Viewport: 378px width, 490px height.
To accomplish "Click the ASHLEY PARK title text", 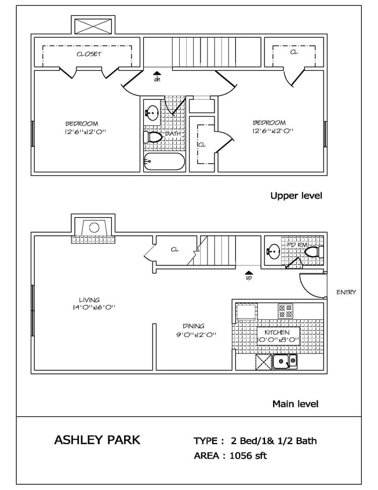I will click(x=97, y=439).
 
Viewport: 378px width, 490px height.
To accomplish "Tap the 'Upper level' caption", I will click(x=296, y=196).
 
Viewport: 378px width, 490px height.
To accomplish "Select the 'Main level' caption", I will click(x=295, y=403).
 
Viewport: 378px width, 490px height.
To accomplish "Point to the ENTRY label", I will click(x=346, y=293).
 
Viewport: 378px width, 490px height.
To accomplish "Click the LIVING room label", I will click(x=89, y=300).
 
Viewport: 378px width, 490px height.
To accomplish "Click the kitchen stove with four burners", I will click(x=285, y=311).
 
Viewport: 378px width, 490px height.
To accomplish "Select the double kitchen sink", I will click(x=285, y=362).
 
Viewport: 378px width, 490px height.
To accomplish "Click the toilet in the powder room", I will click(x=312, y=252).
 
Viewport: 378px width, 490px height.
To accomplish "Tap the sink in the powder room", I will click(x=273, y=252).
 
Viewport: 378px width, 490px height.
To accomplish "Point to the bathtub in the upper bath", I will click(x=164, y=163).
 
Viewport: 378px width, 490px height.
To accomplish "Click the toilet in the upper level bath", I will click(x=153, y=138).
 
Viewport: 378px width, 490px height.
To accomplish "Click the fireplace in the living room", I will click(x=93, y=228).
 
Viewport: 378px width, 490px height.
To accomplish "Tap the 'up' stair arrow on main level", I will click(x=249, y=275).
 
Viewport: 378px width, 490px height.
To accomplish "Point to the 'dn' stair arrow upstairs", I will click(x=157, y=77).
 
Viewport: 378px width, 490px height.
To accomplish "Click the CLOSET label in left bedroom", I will click(x=89, y=54).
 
